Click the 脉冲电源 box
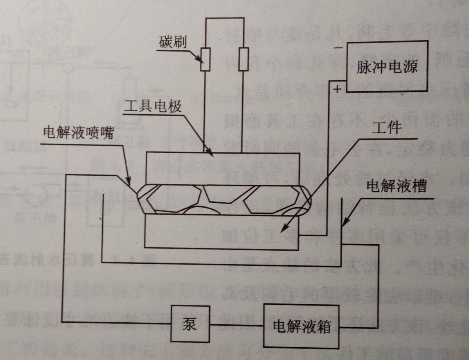point(387,66)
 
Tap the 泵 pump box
point(190,324)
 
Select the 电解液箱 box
point(302,327)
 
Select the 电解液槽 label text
point(396,186)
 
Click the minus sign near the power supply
point(338,48)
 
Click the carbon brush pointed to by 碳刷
point(205,59)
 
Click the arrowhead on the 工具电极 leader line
point(210,152)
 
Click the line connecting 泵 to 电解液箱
point(237,326)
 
